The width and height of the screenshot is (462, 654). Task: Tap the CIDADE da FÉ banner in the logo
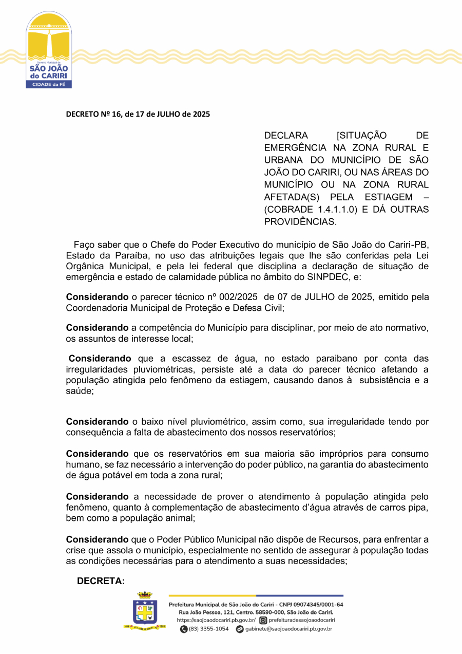click(x=49, y=84)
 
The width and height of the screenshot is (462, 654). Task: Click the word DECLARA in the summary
click(x=286, y=136)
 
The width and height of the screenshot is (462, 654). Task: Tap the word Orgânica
click(x=85, y=266)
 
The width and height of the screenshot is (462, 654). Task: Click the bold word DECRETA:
click(x=101, y=581)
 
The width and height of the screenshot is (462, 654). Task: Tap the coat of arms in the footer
click(x=145, y=611)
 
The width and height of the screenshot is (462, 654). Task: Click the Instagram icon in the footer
click(x=263, y=620)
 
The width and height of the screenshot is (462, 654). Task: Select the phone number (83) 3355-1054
click(x=208, y=629)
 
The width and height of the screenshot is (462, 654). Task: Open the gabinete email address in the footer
click(x=287, y=629)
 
